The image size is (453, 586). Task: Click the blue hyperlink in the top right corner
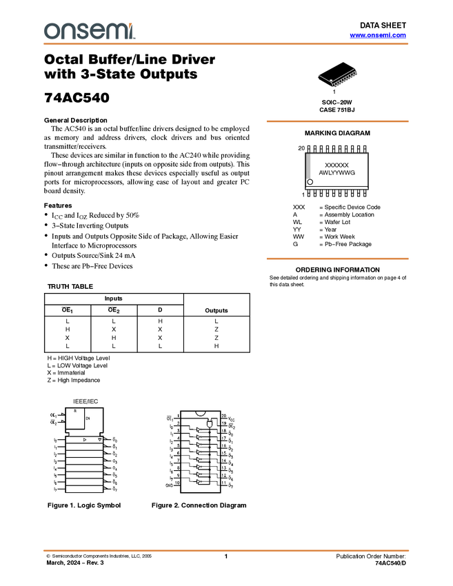(x=378, y=35)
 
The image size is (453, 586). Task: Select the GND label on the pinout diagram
(x=169, y=485)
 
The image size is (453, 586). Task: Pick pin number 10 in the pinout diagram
(x=178, y=483)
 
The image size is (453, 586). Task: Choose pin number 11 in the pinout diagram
(x=223, y=483)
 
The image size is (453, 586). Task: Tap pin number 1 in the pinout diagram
(x=178, y=416)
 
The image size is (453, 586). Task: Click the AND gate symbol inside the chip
(x=210, y=424)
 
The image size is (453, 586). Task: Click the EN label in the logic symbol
(x=88, y=418)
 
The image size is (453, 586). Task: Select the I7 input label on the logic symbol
(x=56, y=489)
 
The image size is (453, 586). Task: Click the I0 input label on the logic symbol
(x=56, y=440)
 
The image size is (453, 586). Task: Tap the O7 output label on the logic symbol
(x=116, y=490)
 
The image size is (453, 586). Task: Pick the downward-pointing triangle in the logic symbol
(x=100, y=439)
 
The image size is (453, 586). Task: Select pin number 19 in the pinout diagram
(x=223, y=424)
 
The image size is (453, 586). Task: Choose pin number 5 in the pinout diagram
(x=178, y=446)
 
